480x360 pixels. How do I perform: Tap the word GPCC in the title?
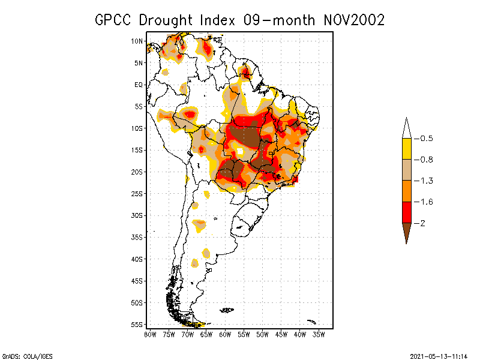coord(115,20)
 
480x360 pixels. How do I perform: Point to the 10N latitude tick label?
coord(137,41)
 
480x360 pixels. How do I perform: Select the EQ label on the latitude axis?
coord(139,85)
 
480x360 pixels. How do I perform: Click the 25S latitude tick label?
coord(137,193)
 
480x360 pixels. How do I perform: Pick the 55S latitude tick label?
coord(137,325)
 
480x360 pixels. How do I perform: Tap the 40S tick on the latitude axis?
coord(137,259)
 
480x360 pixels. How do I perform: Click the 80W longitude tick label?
coord(150,334)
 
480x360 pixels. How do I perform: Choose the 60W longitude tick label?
coord(225,334)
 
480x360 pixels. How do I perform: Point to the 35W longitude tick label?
coord(319,334)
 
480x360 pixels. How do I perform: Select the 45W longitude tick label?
coord(281,334)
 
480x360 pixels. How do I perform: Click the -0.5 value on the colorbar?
coord(424,139)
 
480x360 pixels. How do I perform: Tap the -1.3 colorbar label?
coord(424,181)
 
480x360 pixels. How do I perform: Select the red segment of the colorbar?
coord(406,212)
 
